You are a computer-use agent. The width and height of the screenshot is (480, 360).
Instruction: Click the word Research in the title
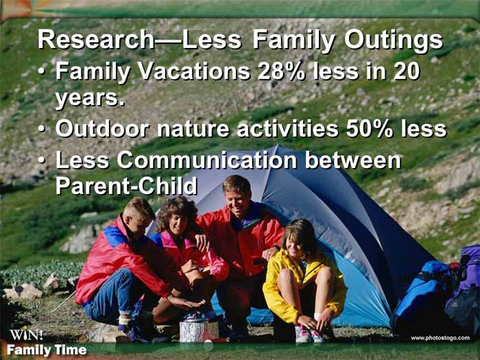(95, 40)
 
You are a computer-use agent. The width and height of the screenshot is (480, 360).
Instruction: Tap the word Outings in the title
(394, 41)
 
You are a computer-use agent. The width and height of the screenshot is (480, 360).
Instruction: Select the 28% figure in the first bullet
(281, 71)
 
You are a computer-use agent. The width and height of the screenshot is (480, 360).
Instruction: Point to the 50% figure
(370, 129)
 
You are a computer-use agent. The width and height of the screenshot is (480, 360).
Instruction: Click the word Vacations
(194, 71)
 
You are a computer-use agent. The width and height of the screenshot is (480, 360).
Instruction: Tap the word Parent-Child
(126, 185)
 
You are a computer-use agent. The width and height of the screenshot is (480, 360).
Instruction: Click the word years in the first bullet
(90, 99)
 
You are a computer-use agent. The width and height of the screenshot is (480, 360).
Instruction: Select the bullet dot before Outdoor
(42, 130)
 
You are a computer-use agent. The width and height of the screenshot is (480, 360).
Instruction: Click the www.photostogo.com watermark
(440, 338)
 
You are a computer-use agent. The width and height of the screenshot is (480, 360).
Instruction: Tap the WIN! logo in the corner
(26, 335)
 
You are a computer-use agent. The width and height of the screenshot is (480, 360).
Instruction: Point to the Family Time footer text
(47, 350)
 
